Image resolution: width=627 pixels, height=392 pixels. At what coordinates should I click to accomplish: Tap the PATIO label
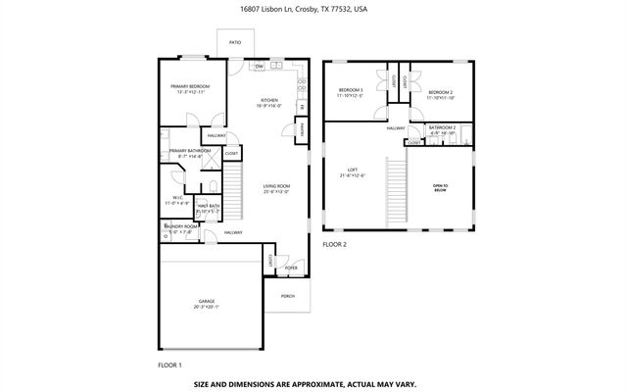coord(235,43)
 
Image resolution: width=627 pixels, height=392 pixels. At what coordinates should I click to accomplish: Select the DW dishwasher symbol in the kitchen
coord(259,67)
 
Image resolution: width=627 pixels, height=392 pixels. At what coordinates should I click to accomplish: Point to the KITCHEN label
coord(269,99)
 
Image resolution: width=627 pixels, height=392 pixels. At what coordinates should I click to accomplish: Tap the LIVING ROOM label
coord(277,185)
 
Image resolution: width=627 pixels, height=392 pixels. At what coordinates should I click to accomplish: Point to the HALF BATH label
coord(209,206)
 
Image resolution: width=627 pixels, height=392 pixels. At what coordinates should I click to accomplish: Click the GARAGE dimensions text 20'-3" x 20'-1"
coord(207,307)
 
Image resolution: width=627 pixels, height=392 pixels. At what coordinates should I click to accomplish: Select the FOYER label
coord(291,267)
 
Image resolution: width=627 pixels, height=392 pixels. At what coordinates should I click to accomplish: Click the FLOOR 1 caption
coord(170,365)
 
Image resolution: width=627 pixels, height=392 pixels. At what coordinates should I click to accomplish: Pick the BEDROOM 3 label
coord(350,90)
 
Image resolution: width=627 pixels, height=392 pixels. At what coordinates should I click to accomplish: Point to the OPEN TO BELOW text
coord(440,187)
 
